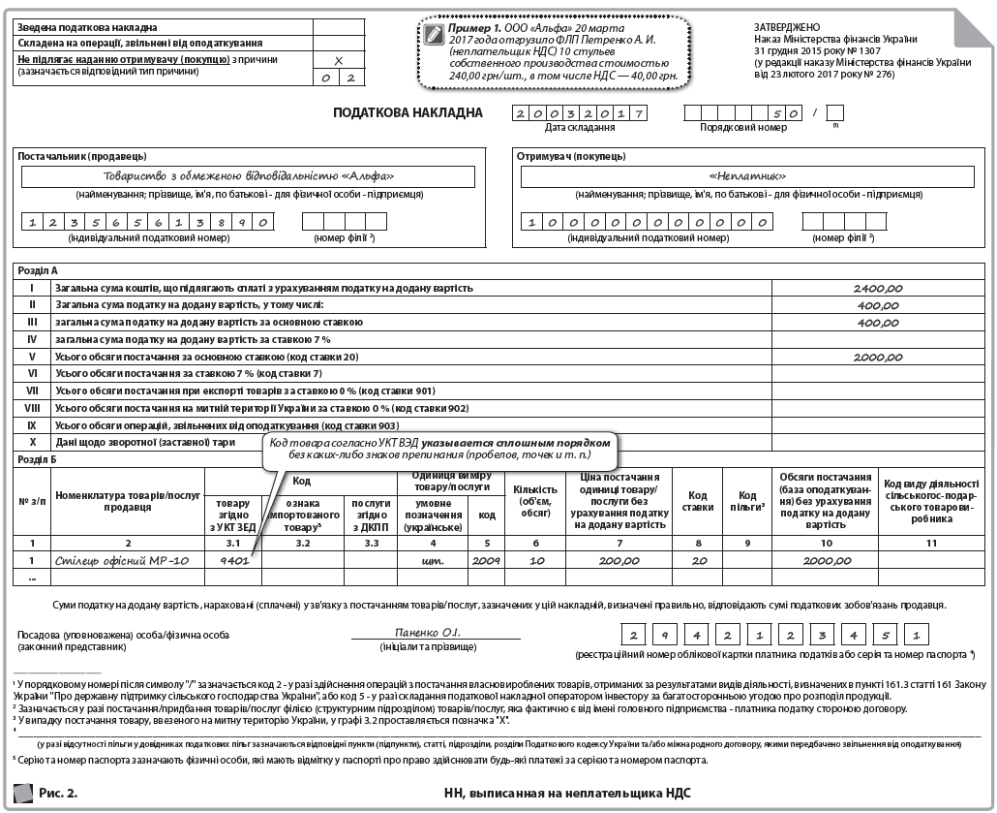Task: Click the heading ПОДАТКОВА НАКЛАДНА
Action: tap(408, 112)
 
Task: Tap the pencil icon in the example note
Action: tap(433, 35)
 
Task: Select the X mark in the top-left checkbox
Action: tap(338, 60)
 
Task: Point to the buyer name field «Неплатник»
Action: tap(747, 176)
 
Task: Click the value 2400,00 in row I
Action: tap(878, 289)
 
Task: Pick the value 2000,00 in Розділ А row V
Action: tap(878, 357)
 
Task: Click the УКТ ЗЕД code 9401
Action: tap(235, 560)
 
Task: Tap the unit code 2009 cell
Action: tap(486, 560)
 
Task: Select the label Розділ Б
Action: tap(38, 459)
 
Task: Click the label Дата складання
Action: tap(579, 127)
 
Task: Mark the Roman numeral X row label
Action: tap(32, 442)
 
